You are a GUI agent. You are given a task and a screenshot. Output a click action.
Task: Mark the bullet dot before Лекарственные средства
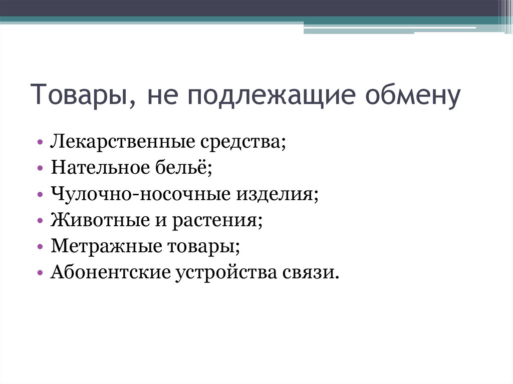41,143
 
